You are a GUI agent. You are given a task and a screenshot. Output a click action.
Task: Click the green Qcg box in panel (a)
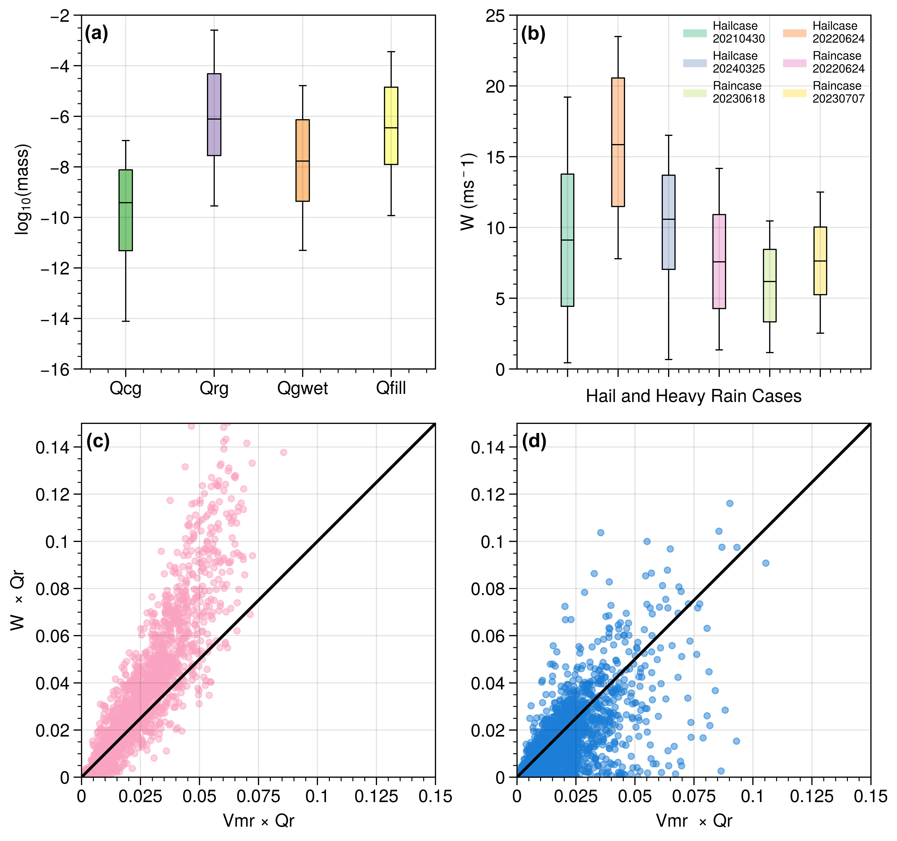(125, 210)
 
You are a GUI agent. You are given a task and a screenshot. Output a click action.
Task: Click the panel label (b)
(533, 34)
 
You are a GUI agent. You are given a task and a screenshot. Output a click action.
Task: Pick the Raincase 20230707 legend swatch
(795, 93)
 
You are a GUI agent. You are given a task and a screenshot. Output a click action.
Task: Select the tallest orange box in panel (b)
(618, 142)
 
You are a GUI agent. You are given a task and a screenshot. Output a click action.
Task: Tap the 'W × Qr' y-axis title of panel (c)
(18, 600)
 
